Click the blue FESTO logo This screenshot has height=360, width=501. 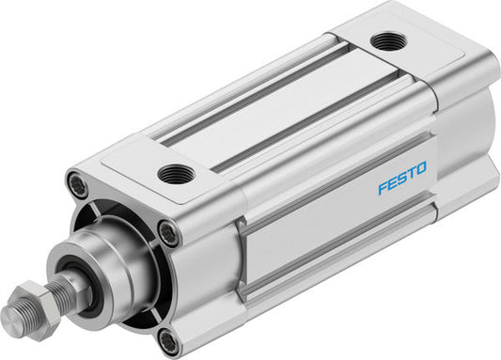tap(401, 177)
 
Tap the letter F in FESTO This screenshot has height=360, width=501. tap(383, 186)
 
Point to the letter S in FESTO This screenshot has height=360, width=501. tap(401, 177)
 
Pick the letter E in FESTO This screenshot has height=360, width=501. tap(392, 181)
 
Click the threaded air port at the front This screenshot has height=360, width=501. tap(176, 173)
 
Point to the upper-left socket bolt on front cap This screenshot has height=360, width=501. tap(78, 185)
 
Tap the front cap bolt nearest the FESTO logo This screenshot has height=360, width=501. tap(168, 230)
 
